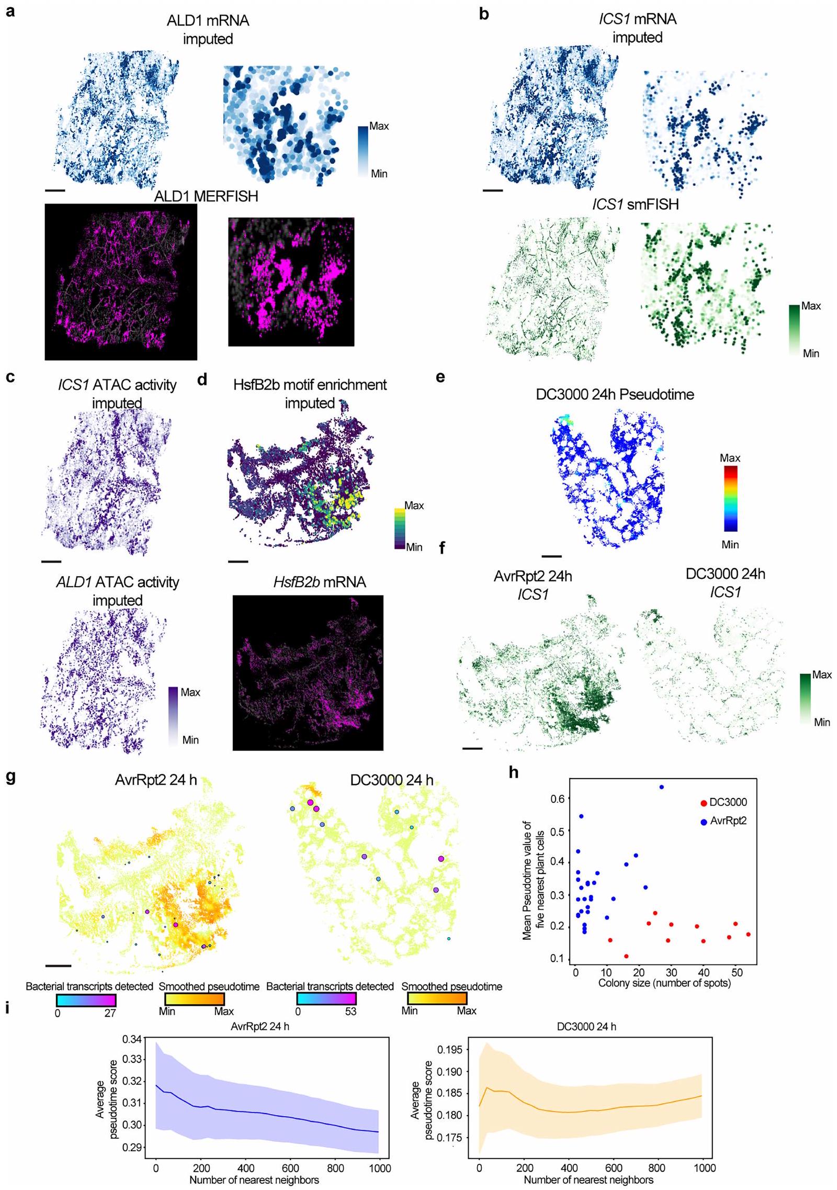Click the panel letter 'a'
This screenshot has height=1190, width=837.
click(x=9, y=12)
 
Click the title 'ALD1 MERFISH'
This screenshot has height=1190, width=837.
click(x=206, y=197)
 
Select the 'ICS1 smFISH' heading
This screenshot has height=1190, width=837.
click(x=635, y=204)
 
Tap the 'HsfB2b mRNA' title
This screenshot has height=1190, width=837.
click(x=319, y=582)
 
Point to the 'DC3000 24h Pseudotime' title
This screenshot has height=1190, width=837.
click(x=615, y=395)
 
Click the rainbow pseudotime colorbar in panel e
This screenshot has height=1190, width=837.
click(x=730, y=499)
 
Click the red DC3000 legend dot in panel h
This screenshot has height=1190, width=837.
click(x=704, y=803)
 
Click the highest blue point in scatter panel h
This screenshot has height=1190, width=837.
click(x=661, y=787)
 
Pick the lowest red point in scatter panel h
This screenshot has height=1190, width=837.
click(x=626, y=956)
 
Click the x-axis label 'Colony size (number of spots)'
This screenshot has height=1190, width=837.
click(x=664, y=983)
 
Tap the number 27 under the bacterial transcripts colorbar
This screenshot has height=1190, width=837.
click(x=110, y=1013)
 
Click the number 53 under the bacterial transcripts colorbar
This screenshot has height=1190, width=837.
click(x=350, y=1012)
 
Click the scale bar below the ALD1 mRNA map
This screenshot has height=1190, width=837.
click(x=55, y=190)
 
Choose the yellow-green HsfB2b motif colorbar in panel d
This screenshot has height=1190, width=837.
click(x=400, y=529)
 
